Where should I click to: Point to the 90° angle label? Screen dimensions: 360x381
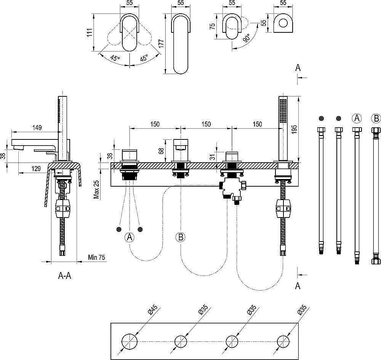pyautogui.click(x=247, y=38)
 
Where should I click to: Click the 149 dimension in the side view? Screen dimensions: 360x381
pyautogui.click(x=37, y=127)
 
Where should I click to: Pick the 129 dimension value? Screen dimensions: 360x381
pyautogui.click(x=37, y=168)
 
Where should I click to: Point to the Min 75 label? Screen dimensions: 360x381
pyautogui.click(x=96, y=258)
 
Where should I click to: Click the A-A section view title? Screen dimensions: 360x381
pyautogui.click(x=64, y=276)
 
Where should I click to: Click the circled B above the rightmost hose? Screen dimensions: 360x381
pyautogui.click(x=376, y=118)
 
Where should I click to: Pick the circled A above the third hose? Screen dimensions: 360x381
pyautogui.click(x=357, y=118)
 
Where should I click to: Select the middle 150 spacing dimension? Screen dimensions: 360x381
pyautogui.click(x=206, y=124)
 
